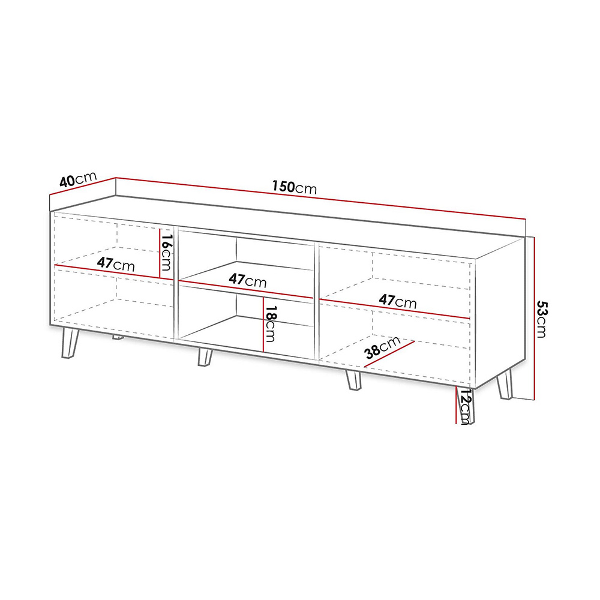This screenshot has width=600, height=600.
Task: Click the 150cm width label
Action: tap(294, 187)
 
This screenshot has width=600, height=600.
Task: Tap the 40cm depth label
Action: tap(78, 179)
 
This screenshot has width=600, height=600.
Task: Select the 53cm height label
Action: tap(542, 319)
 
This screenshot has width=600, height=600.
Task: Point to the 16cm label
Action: tap(166, 252)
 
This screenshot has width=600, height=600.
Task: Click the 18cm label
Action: tap(270, 323)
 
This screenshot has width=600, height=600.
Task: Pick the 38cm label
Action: tap(382, 347)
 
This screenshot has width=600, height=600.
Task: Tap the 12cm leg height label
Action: tap(465, 406)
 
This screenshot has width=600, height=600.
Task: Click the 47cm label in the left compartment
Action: tap(116, 263)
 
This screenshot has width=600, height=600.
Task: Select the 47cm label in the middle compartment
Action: tap(248, 280)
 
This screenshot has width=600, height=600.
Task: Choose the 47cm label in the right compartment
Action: tap(398, 301)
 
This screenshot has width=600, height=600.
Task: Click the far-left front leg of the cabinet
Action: tap(70, 343)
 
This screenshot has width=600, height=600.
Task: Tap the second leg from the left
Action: tap(205, 357)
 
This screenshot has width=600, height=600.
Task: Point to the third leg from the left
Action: tap(353, 380)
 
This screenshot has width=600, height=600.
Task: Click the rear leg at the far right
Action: tap(505, 384)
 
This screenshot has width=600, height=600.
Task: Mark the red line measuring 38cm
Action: tap(389, 355)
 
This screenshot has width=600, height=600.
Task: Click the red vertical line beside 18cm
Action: tap(263, 324)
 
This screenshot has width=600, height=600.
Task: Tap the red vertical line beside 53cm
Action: tap(534, 319)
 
